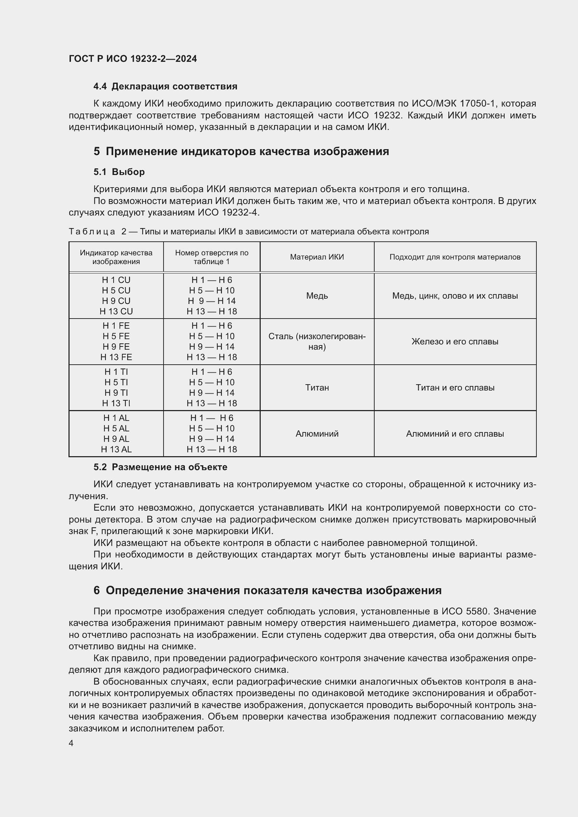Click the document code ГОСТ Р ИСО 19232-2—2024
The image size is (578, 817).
click(x=133, y=59)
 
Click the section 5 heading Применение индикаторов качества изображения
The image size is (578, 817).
click(x=241, y=151)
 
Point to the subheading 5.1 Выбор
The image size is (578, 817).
click(x=119, y=172)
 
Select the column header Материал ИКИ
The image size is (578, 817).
click(x=317, y=257)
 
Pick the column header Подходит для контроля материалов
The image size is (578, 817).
click(x=455, y=257)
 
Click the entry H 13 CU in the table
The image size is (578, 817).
click(x=116, y=311)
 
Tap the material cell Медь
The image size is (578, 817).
click(x=317, y=296)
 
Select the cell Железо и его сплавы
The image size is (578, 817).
click(x=455, y=342)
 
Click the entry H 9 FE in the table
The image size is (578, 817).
click(x=116, y=347)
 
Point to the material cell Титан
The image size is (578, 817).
click(x=317, y=387)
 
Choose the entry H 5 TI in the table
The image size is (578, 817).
click(x=116, y=382)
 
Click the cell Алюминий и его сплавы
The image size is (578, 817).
click(x=455, y=434)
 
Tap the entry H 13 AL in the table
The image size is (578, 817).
click(x=116, y=450)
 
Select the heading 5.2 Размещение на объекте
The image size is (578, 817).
click(x=160, y=467)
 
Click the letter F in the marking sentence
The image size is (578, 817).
click(x=94, y=531)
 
